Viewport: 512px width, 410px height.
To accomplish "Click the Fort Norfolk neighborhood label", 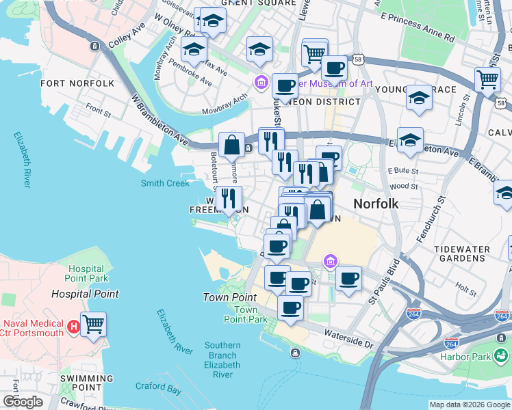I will tap(77, 83).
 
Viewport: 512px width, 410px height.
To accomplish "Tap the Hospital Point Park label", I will tap(87, 274).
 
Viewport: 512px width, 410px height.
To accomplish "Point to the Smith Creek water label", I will tap(165, 183).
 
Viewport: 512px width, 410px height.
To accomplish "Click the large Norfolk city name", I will tap(375, 204).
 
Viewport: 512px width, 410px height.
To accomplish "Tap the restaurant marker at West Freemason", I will tap(228, 199).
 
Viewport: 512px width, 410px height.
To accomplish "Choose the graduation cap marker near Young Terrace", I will tap(418, 99).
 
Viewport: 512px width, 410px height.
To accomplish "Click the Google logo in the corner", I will tap(23, 402).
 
